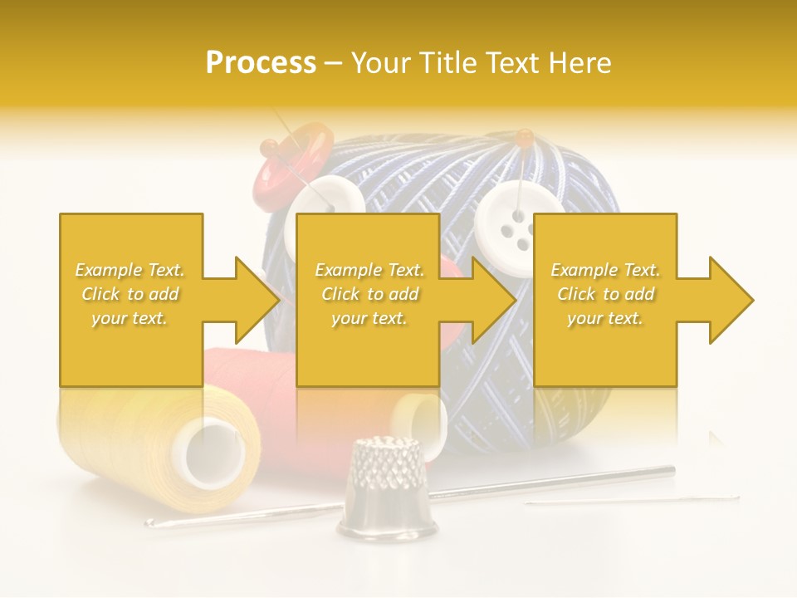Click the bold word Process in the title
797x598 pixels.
pos(261,63)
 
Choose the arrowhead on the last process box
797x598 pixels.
pos(731,300)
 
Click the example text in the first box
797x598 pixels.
pos(130,293)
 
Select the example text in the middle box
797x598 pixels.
pos(369,293)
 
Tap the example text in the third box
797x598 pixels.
pos(605,293)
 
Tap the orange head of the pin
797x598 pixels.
pos(523,135)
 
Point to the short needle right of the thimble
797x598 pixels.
pos(631,501)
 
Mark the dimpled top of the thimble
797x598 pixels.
pos(386,448)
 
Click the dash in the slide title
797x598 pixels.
pos(333,63)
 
